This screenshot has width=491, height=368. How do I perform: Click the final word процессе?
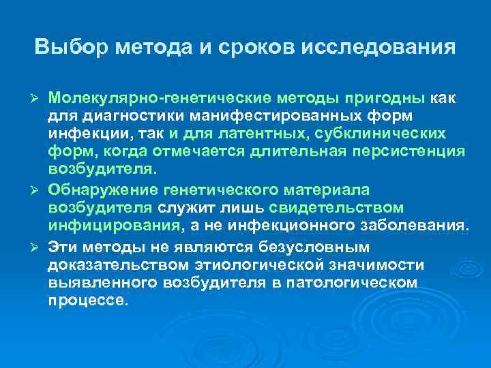point(88,298)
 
